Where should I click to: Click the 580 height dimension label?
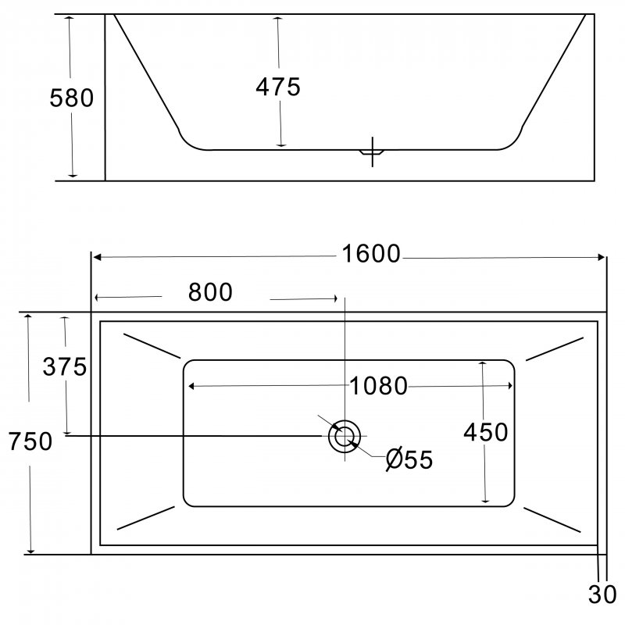(x=71, y=98)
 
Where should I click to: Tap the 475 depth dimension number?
(x=278, y=87)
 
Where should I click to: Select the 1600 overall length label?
(x=371, y=253)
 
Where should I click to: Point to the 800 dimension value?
(x=210, y=292)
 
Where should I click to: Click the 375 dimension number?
(x=65, y=366)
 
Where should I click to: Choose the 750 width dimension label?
(x=30, y=441)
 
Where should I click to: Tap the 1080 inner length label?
(x=378, y=386)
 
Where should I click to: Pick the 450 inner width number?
(x=485, y=432)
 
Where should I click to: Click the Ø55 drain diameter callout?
(x=409, y=459)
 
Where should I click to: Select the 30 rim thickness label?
(x=602, y=595)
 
